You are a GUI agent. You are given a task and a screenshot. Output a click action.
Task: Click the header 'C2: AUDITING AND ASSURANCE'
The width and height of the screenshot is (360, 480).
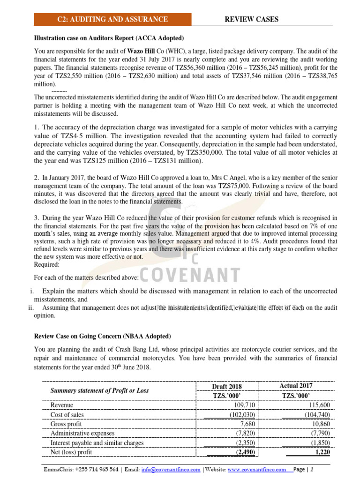point(112,19)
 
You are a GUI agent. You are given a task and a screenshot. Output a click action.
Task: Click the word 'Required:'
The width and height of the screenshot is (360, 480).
point(47,264)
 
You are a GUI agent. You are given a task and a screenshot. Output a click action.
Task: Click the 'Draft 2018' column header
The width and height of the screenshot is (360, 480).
point(227,386)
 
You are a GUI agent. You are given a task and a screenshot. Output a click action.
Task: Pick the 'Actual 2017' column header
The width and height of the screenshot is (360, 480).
point(296,385)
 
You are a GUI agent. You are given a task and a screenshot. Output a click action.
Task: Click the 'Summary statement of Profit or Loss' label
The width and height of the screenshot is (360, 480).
point(99,390)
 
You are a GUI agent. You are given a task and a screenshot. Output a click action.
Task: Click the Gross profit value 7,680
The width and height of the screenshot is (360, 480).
point(247,424)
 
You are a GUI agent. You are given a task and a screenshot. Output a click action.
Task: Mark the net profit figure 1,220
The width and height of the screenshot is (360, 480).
point(321,452)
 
